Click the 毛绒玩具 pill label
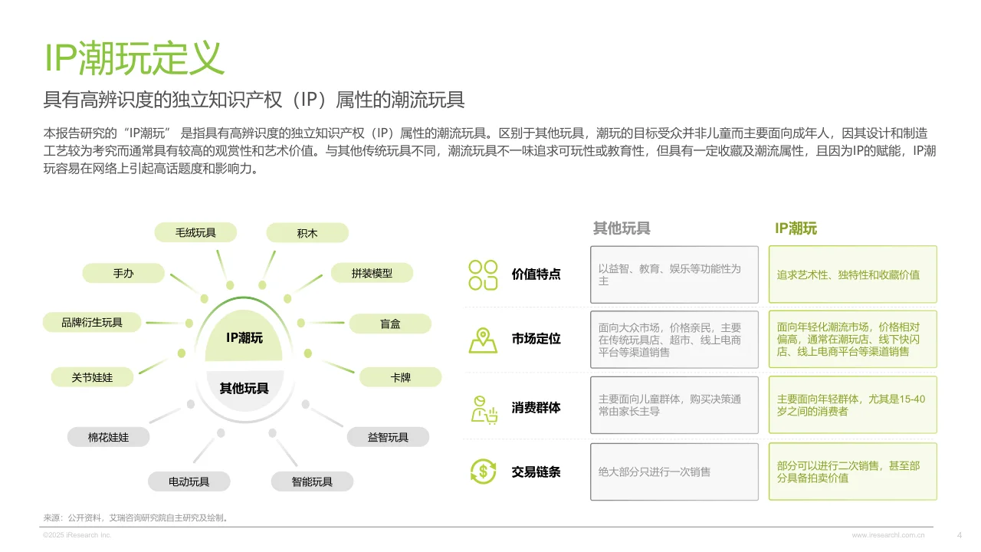[x=195, y=232]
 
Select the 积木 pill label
[x=307, y=233]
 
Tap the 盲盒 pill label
[x=390, y=324]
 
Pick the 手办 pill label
[x=123, y=273]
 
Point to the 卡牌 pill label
[x=400, y=377]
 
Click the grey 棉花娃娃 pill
[x=108, y=438]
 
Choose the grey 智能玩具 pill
[x=312, y=481]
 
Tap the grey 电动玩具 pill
[x=189, y=481]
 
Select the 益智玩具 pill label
[x=388, y=438]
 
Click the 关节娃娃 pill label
[x=92, y=377]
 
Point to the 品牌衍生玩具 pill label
[x=92, y=323]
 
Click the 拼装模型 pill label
[x=372, y=273]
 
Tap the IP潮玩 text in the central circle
[x=244, y=337]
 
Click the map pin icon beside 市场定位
[x=483, y=340]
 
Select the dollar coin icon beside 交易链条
[x=483, y=471]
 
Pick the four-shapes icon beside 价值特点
[x=483, y=274]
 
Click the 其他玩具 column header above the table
[x=622, y=228]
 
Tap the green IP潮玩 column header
[x=796, y=228]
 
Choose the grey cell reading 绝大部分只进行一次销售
[x=674, y=472]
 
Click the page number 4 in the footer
[x=960, y=534]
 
